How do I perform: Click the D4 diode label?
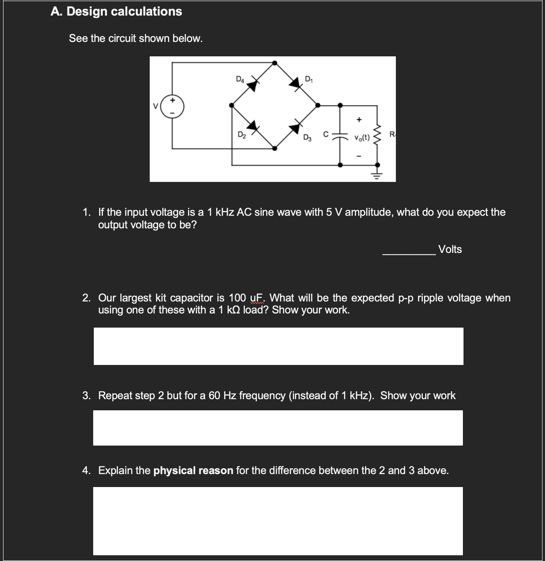240,79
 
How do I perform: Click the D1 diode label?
308,79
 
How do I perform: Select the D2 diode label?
242,135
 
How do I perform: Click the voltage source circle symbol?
172,106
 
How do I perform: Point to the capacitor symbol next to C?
340,135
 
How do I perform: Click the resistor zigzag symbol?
377,135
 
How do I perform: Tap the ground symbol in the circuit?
377,175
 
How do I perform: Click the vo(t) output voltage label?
362,138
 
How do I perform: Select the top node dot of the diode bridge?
275,63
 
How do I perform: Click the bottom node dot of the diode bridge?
275,148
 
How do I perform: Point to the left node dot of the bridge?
231,105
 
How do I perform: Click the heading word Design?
87,11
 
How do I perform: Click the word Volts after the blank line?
450,249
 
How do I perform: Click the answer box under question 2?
278,346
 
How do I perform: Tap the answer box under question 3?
278,428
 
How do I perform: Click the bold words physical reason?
193,470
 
